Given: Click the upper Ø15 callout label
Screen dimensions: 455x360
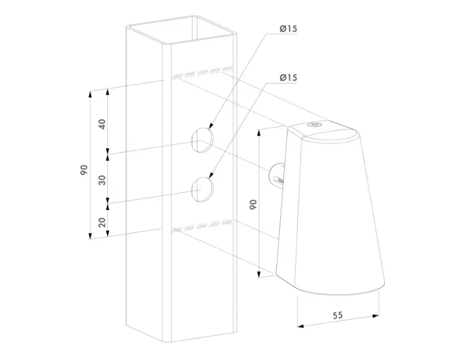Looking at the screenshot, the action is (288, 29).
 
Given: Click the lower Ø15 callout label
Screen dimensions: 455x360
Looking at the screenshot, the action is (288, 78).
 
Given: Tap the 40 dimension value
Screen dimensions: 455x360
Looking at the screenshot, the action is (102, 124).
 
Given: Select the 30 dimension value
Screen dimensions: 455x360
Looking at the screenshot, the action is (102, 180).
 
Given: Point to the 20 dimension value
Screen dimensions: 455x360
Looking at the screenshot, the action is (102, 222).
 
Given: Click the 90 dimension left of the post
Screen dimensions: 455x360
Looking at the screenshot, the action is (84, 170).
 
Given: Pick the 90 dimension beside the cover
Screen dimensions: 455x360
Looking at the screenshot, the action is (253, 205).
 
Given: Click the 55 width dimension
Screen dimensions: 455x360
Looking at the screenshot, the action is (337, 315).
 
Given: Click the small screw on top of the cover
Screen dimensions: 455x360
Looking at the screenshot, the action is (315, 125).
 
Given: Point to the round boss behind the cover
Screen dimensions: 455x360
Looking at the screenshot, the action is (276, 177).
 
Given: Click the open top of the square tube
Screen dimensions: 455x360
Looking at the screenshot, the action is (181, 30).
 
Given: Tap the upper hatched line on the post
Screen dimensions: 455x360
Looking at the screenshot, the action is (202, 72).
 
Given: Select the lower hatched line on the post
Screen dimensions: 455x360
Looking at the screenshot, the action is (202, 226).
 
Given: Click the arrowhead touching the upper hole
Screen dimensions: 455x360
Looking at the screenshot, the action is (211, 125).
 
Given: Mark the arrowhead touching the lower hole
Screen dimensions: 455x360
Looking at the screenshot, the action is (211, 174).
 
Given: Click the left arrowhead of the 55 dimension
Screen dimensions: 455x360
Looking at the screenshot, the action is (301, 326).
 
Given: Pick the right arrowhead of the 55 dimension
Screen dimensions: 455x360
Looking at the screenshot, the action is (375, 316).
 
